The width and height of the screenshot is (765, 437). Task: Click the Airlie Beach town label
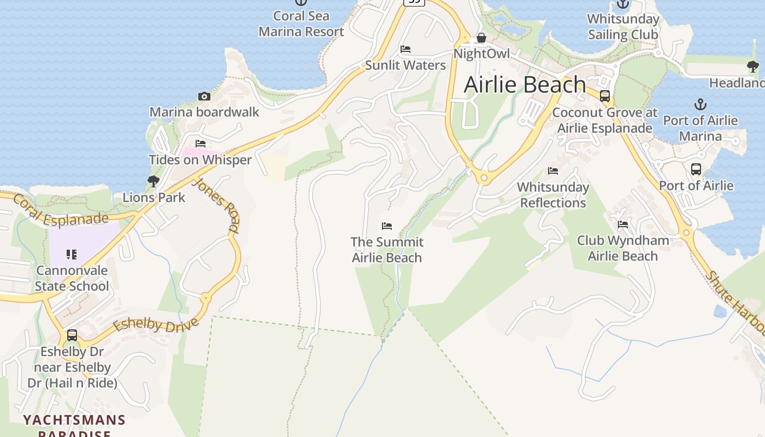coord(525,85)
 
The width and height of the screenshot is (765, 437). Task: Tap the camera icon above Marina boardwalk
coord(204,97)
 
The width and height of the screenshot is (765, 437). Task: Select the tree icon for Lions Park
coord(154,181)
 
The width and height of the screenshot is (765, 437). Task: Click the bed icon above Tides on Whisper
coord(201,144)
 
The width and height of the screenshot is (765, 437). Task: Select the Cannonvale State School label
coord(72,278)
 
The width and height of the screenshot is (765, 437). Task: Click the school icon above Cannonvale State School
coord(72,254)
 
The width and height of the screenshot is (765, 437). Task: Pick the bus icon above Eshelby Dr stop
coord(72,335)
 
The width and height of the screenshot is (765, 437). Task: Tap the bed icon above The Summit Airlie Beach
coord(387,226)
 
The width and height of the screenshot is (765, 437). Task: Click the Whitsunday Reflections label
coord(553,195)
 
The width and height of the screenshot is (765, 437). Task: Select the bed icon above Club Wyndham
coord(622,225)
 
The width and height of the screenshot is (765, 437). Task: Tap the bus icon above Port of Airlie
coord(696,169)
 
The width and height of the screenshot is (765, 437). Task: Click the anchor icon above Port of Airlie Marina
coord(700,104)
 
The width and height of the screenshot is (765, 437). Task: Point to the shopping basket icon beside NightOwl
coord(481,38)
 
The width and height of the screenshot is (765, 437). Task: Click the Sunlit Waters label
coord(405,66)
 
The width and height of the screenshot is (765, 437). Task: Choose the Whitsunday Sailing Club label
coord(623,27)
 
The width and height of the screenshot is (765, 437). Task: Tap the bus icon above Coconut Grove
coord(605,96)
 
